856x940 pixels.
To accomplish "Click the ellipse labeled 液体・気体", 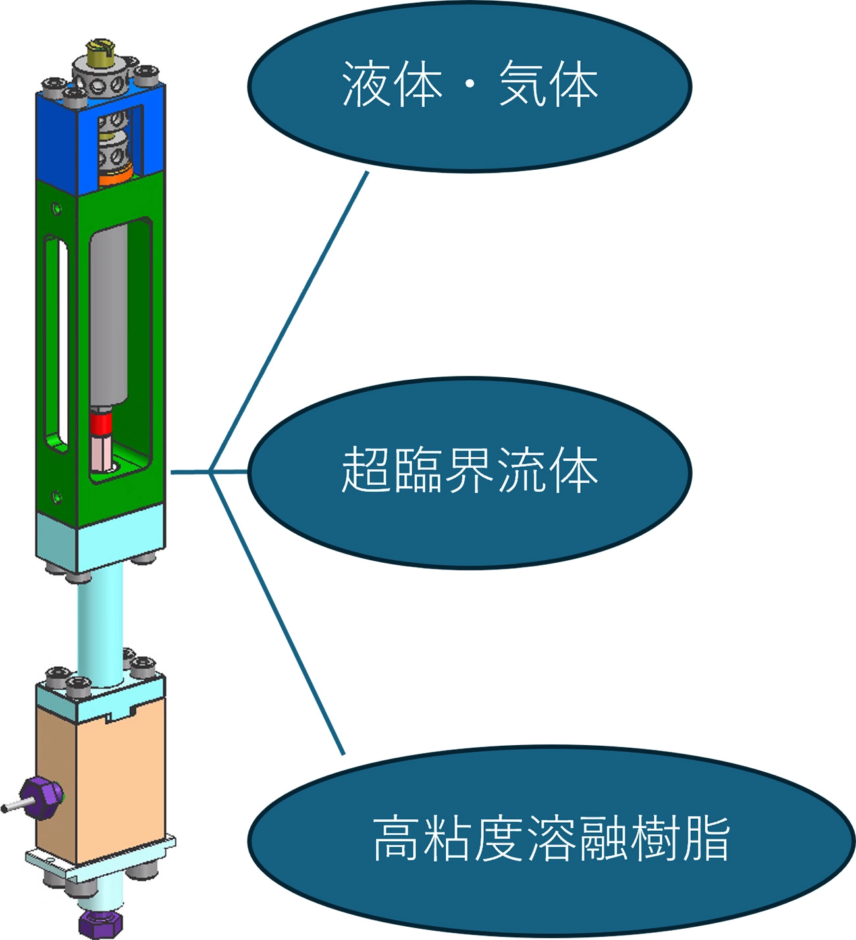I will pos(469,132).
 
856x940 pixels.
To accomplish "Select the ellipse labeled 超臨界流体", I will pos(469,520).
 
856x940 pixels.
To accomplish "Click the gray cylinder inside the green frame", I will pos(108,316).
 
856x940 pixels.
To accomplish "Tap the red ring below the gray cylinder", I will pos(102,425).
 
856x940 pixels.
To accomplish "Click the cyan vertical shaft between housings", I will pos(100,625).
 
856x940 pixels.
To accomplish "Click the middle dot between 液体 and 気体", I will pos(470,88).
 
